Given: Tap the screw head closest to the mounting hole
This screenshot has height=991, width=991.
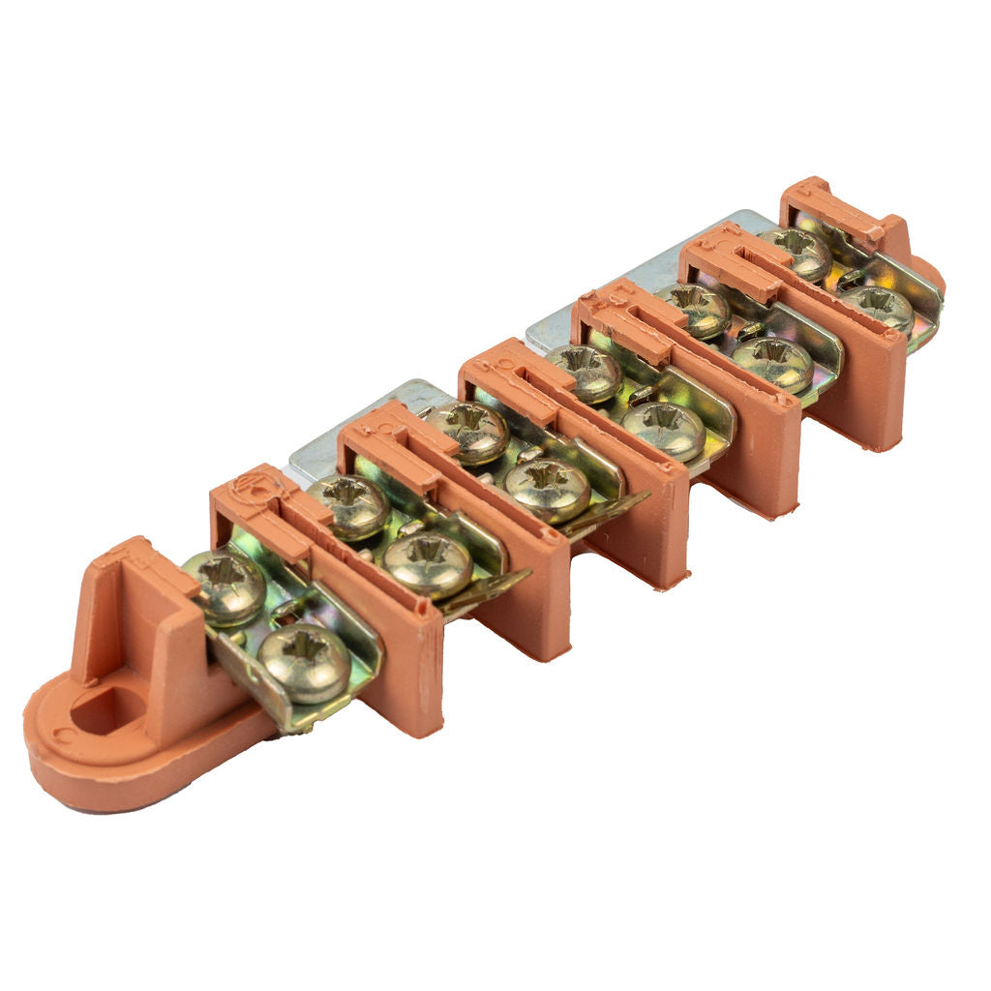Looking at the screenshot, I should click(225, 586).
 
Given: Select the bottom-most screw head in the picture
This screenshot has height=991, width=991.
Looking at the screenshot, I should click(304, 662).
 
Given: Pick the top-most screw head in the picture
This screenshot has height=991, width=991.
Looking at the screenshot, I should click(796, 252).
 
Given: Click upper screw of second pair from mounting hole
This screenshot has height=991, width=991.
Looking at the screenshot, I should click(348, 505).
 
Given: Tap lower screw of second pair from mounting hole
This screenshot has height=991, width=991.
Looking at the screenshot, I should click(428, 564).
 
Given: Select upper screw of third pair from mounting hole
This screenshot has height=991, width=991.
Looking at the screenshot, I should click(468, 432).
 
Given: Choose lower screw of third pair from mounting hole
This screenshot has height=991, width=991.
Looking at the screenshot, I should click(548, 490).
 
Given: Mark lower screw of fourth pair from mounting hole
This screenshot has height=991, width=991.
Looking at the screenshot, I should click(664, 430).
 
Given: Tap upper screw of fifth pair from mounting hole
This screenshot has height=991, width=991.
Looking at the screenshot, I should click(692, 309).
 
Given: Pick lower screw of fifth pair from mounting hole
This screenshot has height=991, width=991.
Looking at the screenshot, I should click(771, 363).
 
